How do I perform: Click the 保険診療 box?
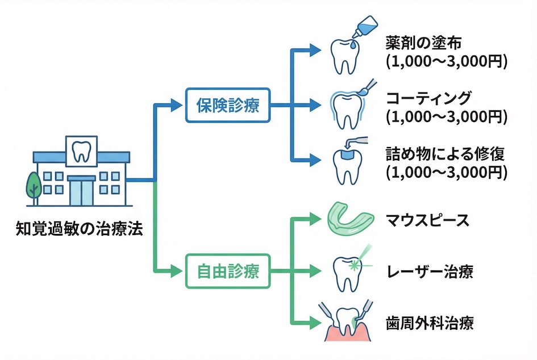[228, 105]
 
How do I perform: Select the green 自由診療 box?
[228, 271]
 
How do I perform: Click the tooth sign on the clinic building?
[81, 149]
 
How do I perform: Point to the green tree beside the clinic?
[34, 185]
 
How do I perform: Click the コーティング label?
[429, 98]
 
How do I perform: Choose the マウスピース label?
[427, 220]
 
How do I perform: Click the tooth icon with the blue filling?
[347, 165]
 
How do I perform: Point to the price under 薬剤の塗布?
[446, 62]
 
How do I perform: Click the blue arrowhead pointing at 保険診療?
[177, 105]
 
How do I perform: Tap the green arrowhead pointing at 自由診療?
[177, 271]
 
